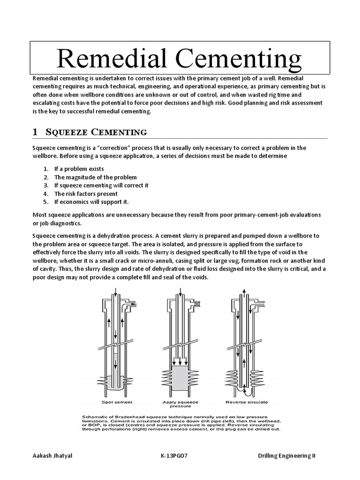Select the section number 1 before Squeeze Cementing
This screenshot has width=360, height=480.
click(35, 132)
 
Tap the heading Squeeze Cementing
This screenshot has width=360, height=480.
click(96, 132)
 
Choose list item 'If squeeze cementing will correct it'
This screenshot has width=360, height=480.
click(101, 185)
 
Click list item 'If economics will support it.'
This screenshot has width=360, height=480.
click(91, 202)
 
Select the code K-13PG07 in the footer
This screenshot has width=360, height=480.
click(174, 457)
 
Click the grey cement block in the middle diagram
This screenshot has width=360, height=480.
click(180, 377)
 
